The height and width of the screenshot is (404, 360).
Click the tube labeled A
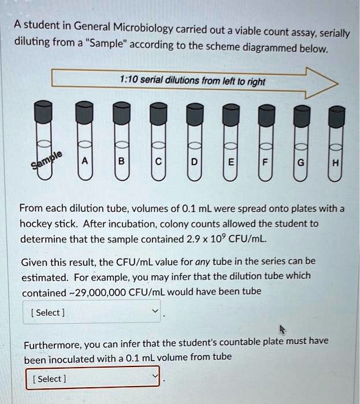pos(84,162)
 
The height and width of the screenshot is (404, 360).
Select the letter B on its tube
pos(121,162)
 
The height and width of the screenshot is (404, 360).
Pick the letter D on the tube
pos(194,162)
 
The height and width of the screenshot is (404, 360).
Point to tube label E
pos(230,163)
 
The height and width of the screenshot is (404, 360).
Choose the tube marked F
pos(265,163)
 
